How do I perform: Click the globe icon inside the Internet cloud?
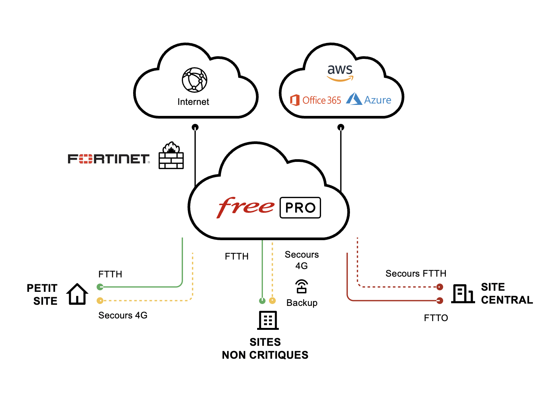pyautogui.click(x=194, y=80)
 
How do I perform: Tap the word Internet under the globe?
pyautogui.click(x=193, y=102)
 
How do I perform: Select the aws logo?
pyautogui.click(x=340, y=72)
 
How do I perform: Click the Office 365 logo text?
pyautogui.click(x=316, y=100)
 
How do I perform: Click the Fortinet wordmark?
pyautogui.click(x=108, y=159)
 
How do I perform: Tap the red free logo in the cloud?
pyautogui.click(x=246, y=207)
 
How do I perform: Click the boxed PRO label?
pyautogui.click(x=300, y=208)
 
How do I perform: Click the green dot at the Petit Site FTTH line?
pyautogui.click(x=100, y=287)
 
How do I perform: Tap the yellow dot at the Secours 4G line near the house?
pyautogui.click(x=100, y=301)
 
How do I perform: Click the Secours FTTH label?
pyautogui.click(x=416, y=274)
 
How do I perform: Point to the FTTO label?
pyautogui.click(x=436, y=318)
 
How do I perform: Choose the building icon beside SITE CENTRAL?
pyautogui.click(x=463, y=294)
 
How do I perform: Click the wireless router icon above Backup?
pyautogui.click(x=302, y=287)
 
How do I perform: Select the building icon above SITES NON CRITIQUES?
pyautogui.click(x=268, y=320)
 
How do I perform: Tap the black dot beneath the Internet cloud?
pyautogui.click(x=195, y=127)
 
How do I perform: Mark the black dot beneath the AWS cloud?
pyautogui.click(x=341, y=127)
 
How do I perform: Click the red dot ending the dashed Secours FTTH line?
pyautogui.click(x=440, y=287)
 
